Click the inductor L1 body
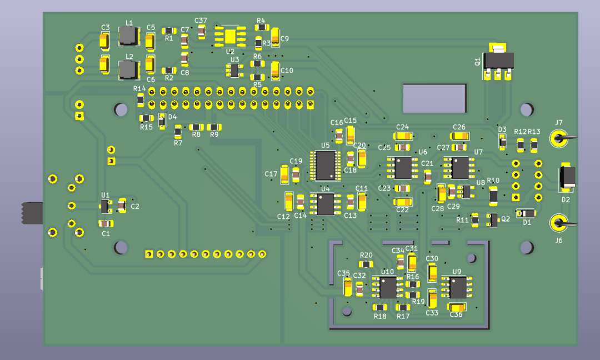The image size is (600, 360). (x=128, y=36)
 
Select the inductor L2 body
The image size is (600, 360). (x=128, y=69)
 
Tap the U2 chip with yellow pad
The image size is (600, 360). (x=231, y=36)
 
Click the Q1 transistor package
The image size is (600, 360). (x=497, y=61)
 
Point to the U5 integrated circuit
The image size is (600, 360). (x=326, y=165)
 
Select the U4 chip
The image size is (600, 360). (x=326, y=204)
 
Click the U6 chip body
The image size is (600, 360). (x=403, y=168)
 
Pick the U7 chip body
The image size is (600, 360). (x=459, y=168)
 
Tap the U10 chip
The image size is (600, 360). (x=388, y=288)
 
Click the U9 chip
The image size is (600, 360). (x=457, y=288)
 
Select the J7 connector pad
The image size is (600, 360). (x=559, y=138)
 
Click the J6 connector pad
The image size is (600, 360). (x=559, y=223)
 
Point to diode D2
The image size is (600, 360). (x=567, y=177)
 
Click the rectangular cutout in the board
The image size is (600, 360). (x=434, y=98)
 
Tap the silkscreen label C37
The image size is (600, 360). (x=201, y=20)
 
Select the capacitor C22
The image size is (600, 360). (x=403, y=202)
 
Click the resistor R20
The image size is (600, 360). (x=366, y=264)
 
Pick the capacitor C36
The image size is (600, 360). (x=457, y=307)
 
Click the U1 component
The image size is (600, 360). (x=105, y=207)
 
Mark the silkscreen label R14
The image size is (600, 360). (x=139, y=88)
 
